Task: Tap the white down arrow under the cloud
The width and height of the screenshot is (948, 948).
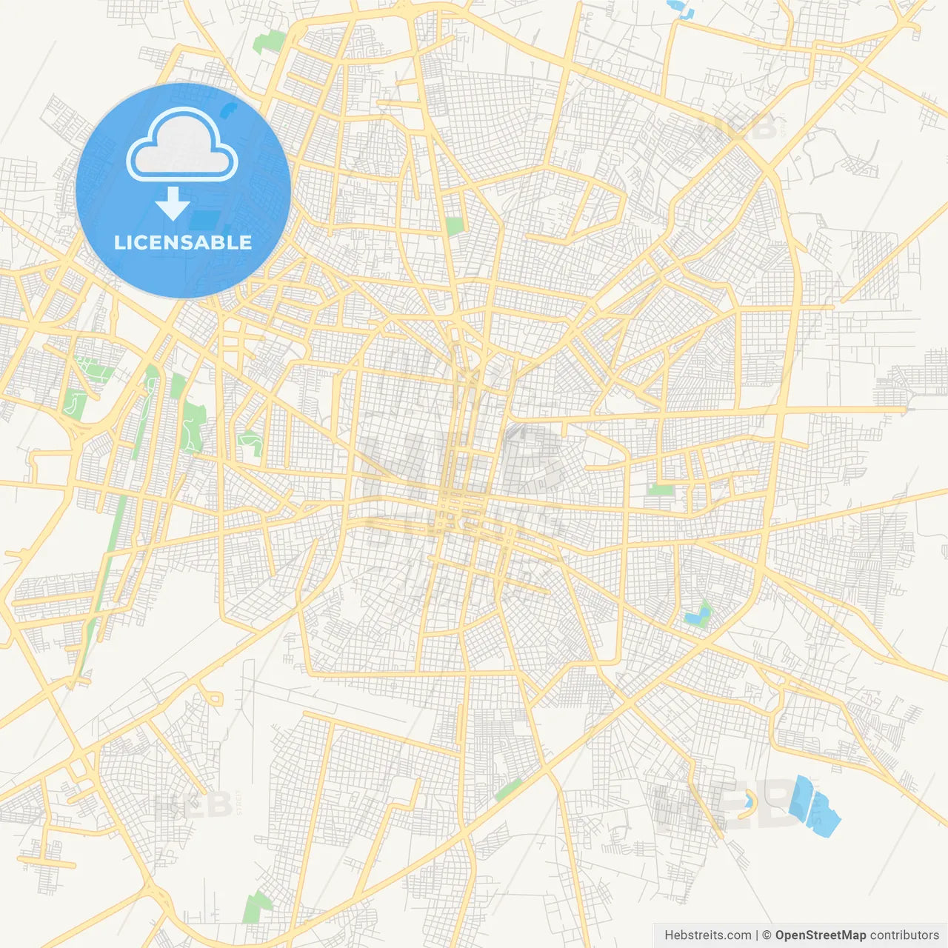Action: pos(173,204)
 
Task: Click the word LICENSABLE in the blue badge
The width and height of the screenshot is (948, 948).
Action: pos(183,242)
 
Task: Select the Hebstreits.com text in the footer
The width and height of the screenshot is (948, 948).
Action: pos(707,935)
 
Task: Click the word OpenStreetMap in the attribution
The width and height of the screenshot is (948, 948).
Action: pos(821,935)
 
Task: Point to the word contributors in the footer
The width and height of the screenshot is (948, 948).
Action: pos(904,935)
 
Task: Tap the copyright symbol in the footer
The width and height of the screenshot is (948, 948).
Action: pos(767,935)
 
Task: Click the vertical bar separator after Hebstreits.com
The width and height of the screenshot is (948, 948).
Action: pos(757,935)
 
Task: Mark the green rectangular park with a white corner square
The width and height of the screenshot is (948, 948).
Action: pos(454,226)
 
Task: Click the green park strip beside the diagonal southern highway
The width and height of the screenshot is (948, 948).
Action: pos(508,790)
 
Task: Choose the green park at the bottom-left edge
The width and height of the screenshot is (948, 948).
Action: pos(257,907)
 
